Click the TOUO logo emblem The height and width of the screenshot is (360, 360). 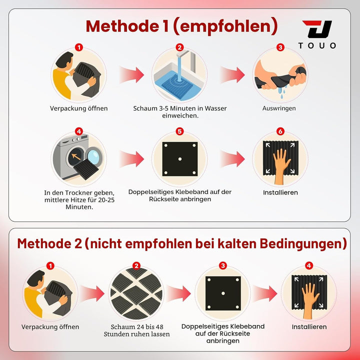coord(317,29)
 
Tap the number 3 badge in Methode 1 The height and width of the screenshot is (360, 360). coord(280,47)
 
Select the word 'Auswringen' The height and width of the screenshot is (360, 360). coord(279,108)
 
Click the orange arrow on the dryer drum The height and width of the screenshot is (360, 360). coord(76,156)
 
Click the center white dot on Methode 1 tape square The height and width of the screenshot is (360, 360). coord(180,159)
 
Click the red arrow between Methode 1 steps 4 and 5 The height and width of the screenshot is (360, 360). coord(131,158)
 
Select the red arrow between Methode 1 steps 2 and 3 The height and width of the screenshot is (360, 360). coord(232,74)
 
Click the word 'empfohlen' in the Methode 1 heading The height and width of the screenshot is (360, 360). coord(225,26)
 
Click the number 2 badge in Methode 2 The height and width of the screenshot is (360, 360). coord(136,266)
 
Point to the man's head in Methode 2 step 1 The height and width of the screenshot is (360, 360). coord(36,278)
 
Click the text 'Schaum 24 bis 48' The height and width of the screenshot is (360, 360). coord(137,326)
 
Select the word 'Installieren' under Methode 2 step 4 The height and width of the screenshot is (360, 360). coord(309,326)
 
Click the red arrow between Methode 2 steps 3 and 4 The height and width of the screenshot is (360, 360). coord(264,293)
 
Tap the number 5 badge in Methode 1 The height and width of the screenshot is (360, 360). coord(179,131)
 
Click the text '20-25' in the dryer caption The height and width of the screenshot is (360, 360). coord(106,199)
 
